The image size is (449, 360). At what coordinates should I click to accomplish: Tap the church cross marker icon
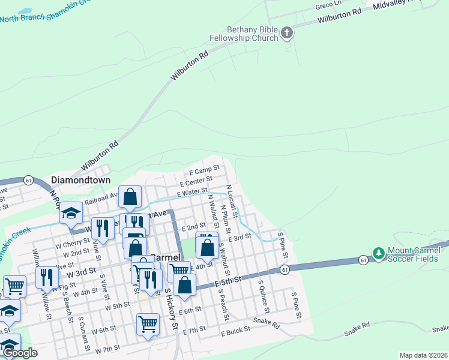point(287,32)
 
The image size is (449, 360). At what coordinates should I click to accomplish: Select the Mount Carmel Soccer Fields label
point(412,254)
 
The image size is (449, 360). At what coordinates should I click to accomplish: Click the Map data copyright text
point(423,355)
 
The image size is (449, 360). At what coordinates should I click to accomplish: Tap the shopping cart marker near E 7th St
point(148,324)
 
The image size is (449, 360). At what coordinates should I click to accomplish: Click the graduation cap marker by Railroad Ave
point(71,212)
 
